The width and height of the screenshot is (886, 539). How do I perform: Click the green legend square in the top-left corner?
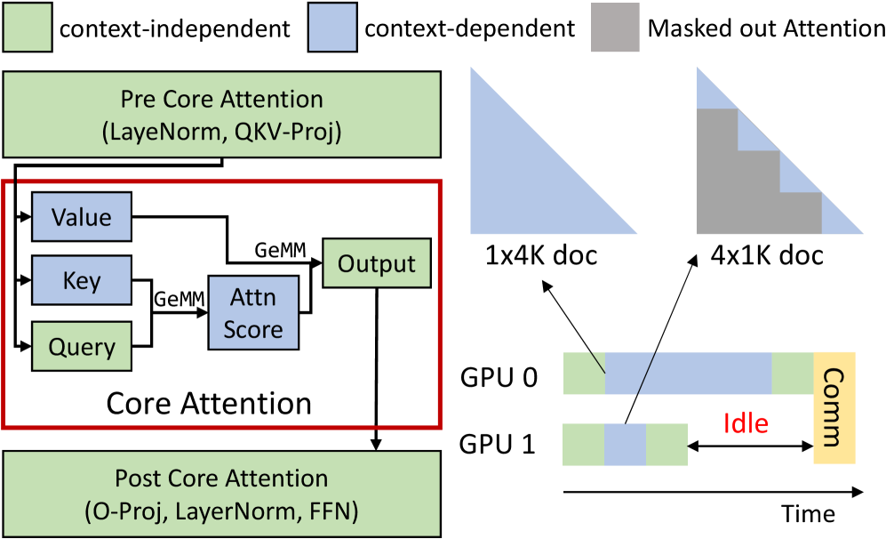point(28,28)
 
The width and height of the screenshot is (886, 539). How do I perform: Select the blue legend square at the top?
point(332,28)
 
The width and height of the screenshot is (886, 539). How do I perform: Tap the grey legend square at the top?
point(615,27)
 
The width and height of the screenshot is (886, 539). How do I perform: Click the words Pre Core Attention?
point(221,99)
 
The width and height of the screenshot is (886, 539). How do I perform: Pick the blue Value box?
point(82,217)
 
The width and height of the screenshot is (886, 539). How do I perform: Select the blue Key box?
point(82,281)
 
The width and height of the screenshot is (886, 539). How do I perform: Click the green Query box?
point(82,346)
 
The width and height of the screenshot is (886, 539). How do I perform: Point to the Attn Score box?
point(253,313)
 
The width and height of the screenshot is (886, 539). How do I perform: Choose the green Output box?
point(377,263)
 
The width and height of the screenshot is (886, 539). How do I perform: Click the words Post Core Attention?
point(221,479)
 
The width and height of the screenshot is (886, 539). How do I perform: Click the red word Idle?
point(745,423)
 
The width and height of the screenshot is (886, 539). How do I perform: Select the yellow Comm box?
point(834,407)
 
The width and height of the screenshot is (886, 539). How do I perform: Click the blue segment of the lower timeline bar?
point(625,445)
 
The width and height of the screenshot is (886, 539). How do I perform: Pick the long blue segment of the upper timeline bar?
point(702,374)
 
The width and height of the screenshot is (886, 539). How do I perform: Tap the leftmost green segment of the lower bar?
point(584,445)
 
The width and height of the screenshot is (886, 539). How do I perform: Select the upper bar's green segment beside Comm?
point(792,374)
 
